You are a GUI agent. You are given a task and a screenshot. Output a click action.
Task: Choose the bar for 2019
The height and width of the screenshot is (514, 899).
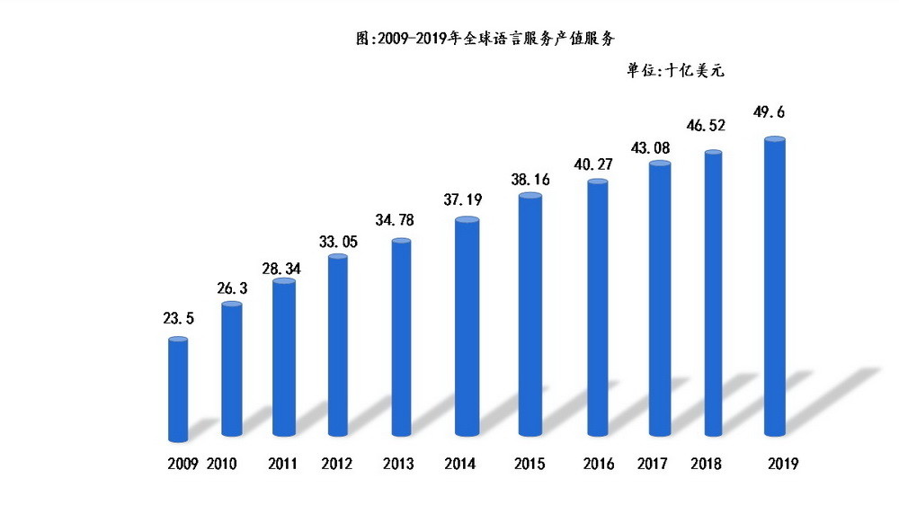(x=774, y=288)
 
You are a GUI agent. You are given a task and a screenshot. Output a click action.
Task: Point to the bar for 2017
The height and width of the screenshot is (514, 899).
(x=660, y=301)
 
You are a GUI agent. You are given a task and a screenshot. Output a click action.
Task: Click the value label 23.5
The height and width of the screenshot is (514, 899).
(x=178, y=318)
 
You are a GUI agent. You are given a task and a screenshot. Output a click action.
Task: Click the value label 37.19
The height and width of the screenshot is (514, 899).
(x=466, y=198)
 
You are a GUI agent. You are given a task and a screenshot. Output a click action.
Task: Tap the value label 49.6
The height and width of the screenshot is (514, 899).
(x=774, y=113)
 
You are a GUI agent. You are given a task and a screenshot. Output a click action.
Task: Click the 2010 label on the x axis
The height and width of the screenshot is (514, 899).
(x=224, y=464)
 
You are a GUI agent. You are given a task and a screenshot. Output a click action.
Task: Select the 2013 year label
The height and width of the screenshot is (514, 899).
(x=398, y=464)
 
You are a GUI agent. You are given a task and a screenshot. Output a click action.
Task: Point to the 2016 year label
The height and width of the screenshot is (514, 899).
(x=598, y=464)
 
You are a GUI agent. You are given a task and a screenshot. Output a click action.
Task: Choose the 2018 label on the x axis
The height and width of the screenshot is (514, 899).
(x=706, y=464)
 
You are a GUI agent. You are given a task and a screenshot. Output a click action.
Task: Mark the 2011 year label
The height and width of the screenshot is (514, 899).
(x=285, y=464)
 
